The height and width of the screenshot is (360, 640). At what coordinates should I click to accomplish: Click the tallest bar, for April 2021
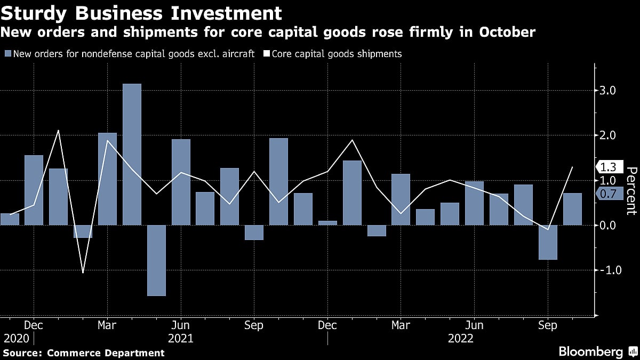[132, 154]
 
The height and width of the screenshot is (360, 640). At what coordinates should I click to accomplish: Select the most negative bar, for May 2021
[156, 260]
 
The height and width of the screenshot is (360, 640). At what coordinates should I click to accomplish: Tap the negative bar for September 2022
[548, 242]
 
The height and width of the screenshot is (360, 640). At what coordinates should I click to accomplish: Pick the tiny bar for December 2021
[327, 223]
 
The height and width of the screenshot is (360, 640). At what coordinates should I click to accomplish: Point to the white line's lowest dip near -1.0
[83, 273]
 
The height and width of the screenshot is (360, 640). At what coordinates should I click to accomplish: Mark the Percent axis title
[631, 190]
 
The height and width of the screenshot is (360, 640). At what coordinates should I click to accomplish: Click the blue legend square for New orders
[7, 54]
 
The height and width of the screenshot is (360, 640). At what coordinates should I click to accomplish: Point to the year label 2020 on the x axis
[16, 338]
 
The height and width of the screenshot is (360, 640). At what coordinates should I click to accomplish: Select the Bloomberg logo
[590, 351]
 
